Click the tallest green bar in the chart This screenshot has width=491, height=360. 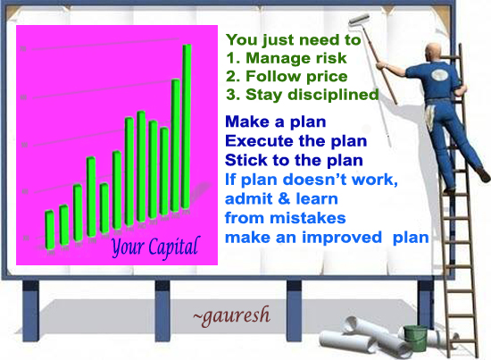click(187, 126)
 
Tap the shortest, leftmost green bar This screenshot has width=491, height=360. click(49, 230)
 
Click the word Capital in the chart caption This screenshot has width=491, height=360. click(174, 247)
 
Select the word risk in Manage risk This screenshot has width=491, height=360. click(331, 58)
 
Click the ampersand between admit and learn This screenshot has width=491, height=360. click(281, 199)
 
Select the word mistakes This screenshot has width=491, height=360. click(308, 218)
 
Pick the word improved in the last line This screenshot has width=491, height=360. click(342, 238)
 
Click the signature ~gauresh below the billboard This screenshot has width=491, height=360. click(232, 315)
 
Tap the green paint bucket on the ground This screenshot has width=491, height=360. click(415, 338)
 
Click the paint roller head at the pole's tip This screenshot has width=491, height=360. click(359, 19)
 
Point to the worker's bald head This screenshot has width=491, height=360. click(434, 52)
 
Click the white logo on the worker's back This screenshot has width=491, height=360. click(438, 75)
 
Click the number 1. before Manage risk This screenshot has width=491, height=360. click(233, 58)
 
